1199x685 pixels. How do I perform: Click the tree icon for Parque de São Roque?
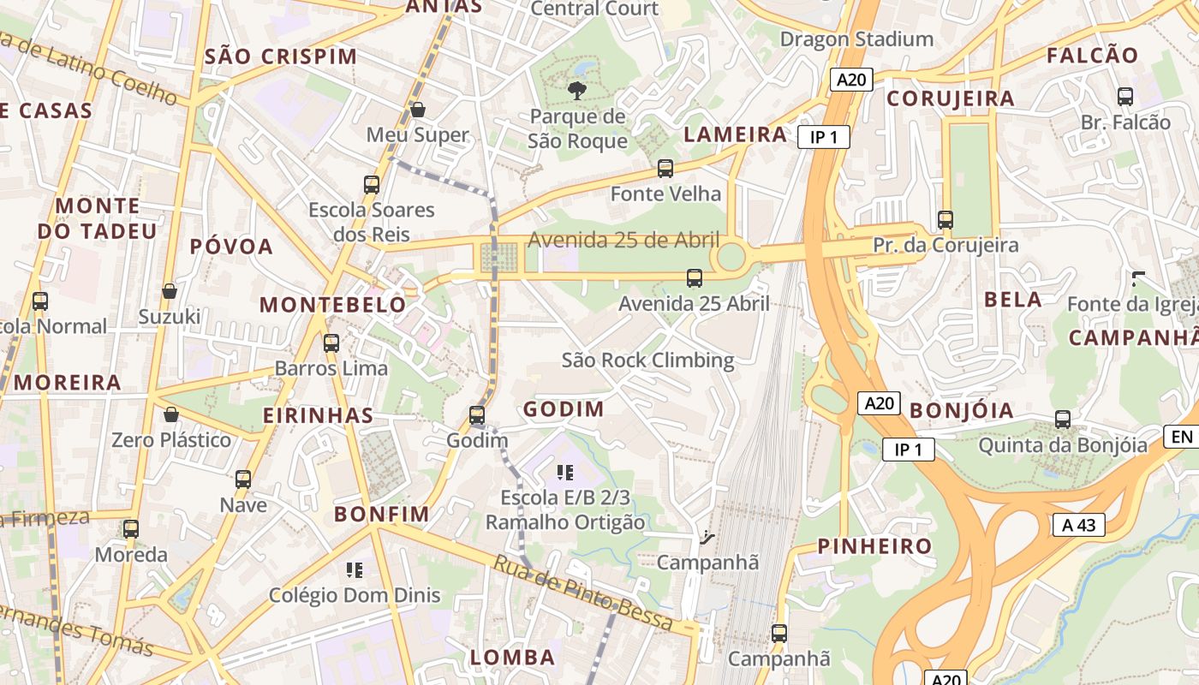click(x=577, y=90)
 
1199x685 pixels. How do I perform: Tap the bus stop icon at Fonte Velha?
click(x=665, y=169)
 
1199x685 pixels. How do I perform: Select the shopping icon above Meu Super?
click(x=418, y=110)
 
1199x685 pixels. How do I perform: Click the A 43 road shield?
click(x=1078, y=525)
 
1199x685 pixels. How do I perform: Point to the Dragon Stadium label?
click(x=856, y=39)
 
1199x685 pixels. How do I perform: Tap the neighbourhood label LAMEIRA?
click(x=736, y=134)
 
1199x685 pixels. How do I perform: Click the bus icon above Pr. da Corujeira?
click(x=945, y=220)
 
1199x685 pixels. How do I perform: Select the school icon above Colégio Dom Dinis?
click(x=355, y=570)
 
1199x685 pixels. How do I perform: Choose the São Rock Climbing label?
click(x=647, y=360)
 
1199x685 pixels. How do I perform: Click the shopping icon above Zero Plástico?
click(x=171, y=415)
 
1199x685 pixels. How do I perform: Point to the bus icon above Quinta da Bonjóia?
click(x=1063, y=420)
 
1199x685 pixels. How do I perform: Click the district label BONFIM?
click(x=382, y=514)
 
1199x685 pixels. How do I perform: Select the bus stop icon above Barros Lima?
click(x=331, y=343)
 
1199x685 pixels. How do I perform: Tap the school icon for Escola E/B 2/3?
click(x=564, y=473)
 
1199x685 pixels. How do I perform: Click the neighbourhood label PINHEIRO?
click(x=874, y=546)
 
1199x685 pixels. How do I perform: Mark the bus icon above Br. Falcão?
click(x=1125, y=97)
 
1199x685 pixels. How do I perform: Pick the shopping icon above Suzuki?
click(x=170, y=292)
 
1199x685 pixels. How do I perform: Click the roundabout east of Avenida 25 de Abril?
click(x=731, y=256)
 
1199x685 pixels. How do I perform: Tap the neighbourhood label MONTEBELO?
click(x=333, y=305)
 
